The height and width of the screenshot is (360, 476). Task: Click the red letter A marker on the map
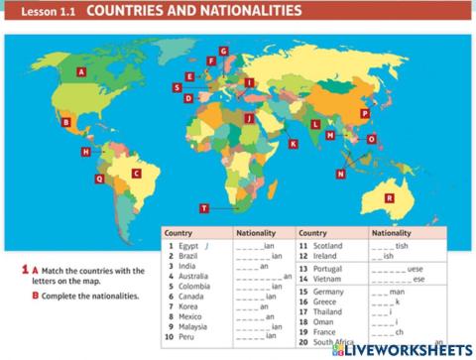80,71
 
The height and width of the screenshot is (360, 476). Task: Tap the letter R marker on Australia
390,198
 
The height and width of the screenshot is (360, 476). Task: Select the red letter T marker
203,208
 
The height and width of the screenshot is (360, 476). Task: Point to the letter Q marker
99,179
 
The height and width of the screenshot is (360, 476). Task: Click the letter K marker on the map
293,144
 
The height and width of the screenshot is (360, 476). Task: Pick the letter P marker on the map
365,113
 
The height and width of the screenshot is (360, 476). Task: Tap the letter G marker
224,50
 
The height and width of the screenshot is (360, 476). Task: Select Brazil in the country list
189,255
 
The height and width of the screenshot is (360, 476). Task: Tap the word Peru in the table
187,337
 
